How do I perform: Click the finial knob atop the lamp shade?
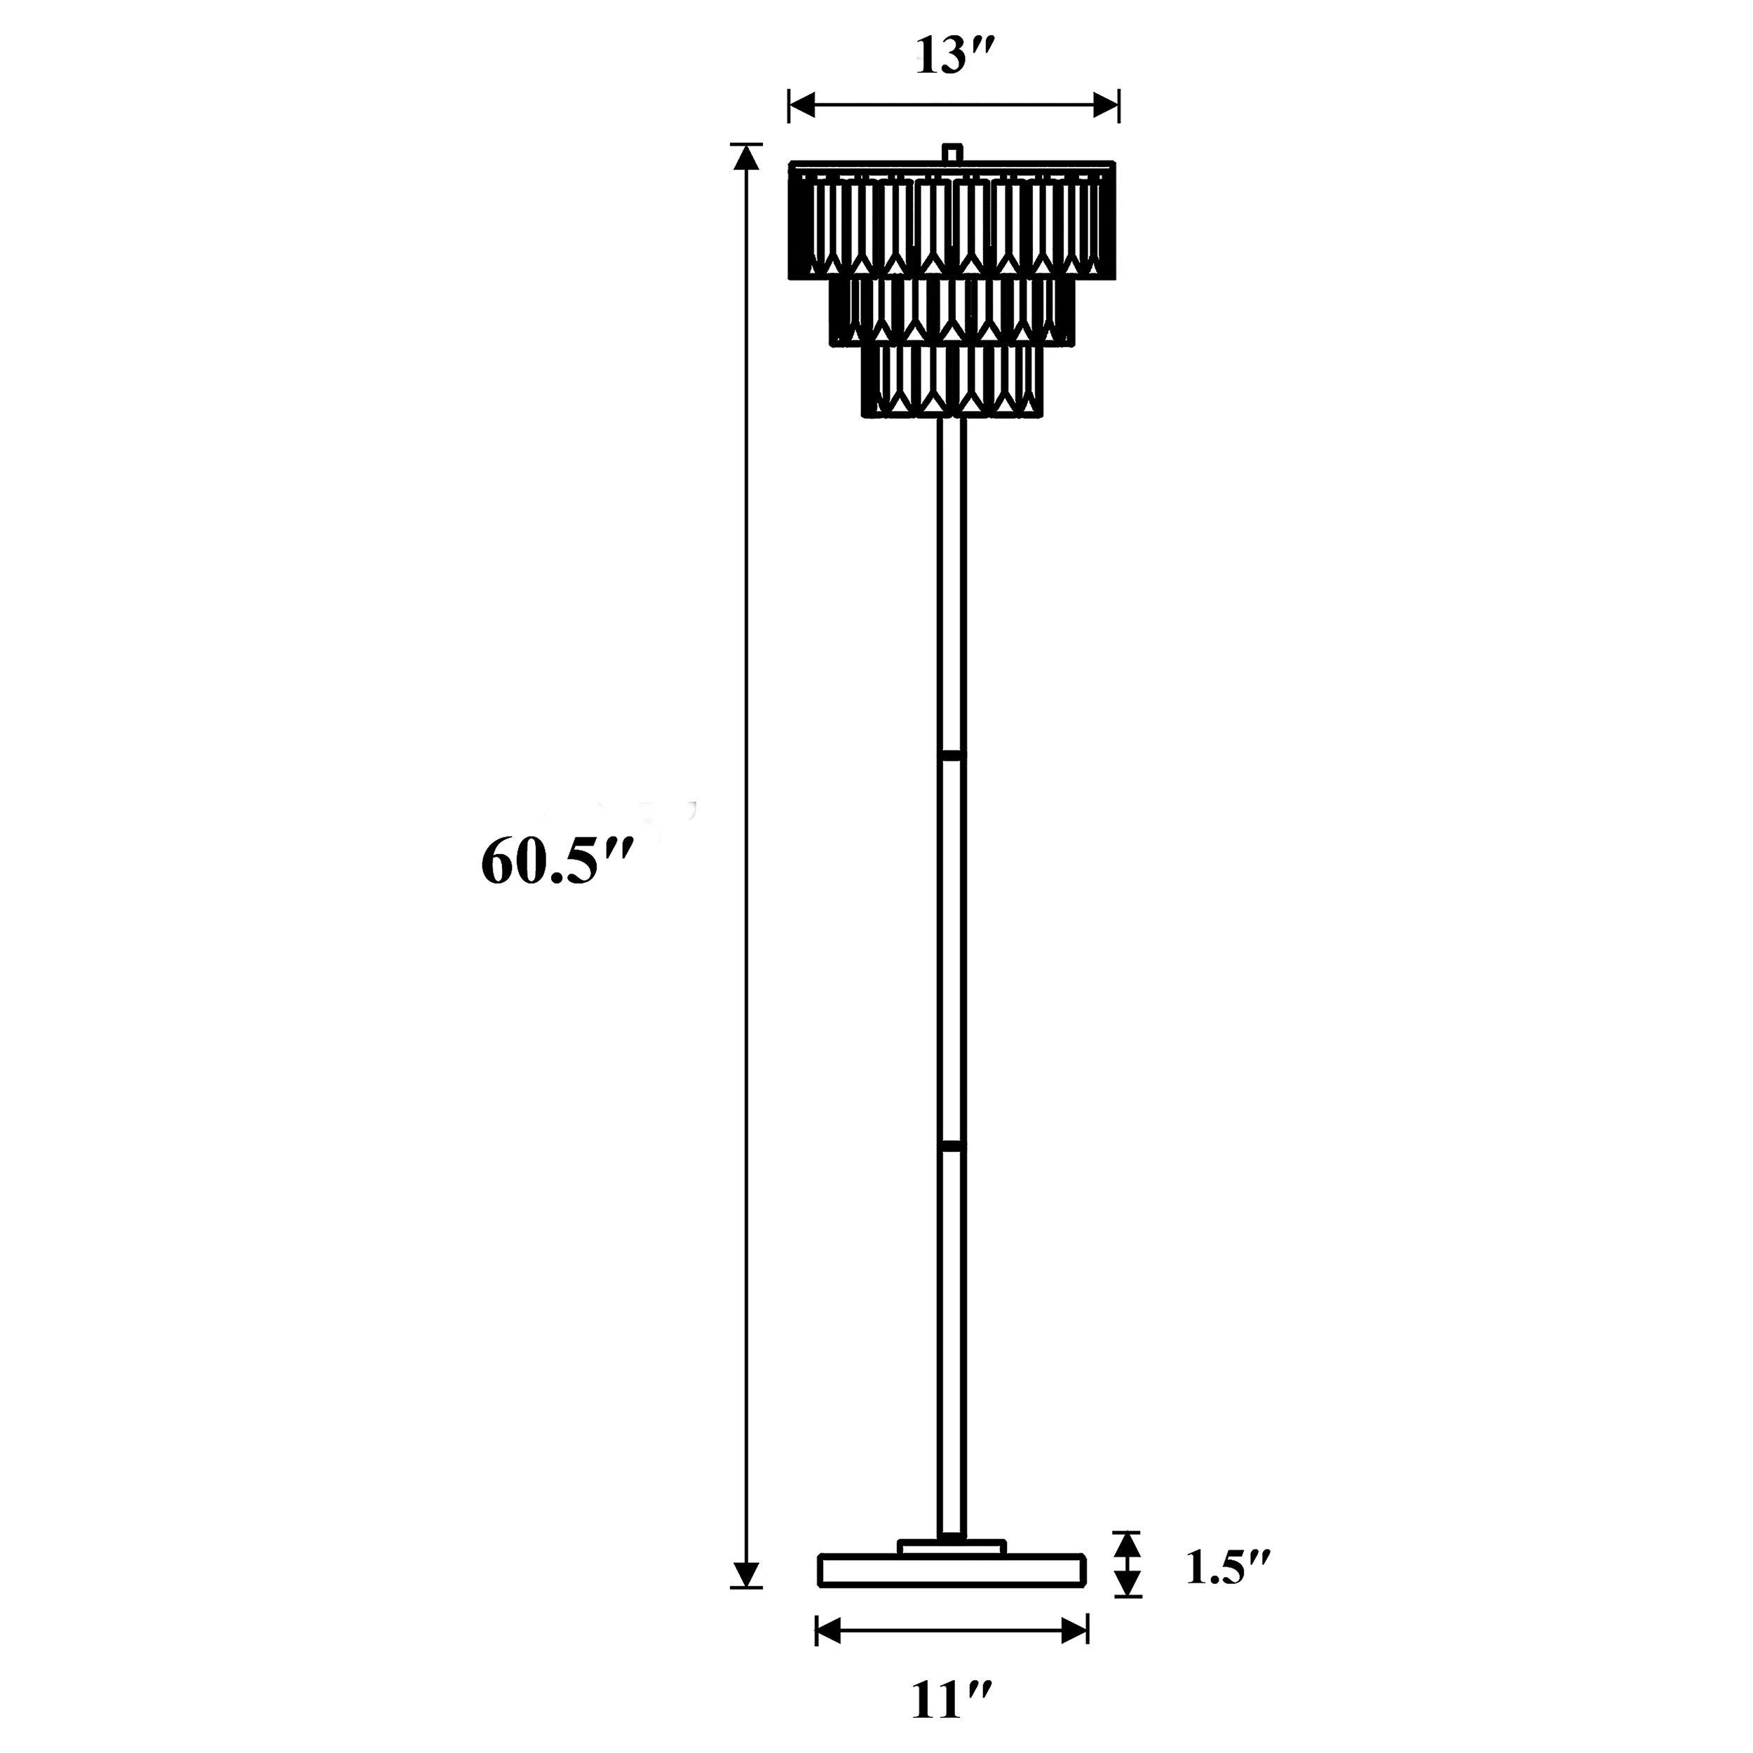952,152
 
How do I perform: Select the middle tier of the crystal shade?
952,311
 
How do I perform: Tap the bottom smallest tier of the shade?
952,381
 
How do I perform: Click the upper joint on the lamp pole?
952,754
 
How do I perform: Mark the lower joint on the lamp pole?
952,1147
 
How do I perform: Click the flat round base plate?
952,1570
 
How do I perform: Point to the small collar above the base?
952,1546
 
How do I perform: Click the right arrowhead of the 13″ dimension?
1106,105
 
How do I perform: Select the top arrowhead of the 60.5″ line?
746,158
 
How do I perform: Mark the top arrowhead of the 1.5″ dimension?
1127,1543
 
